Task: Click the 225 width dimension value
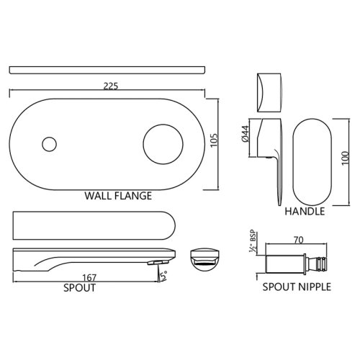[111, 86]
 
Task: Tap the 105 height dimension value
[215, 140]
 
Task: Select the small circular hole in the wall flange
[49, 144]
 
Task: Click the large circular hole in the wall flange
[163, 144]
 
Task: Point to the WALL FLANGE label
[118, 196]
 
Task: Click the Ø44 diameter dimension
[246, 135]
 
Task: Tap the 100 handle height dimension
[346, 158]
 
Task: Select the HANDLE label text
[305, 211]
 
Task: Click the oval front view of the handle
[312, 162]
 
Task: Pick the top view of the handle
[269, 93]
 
